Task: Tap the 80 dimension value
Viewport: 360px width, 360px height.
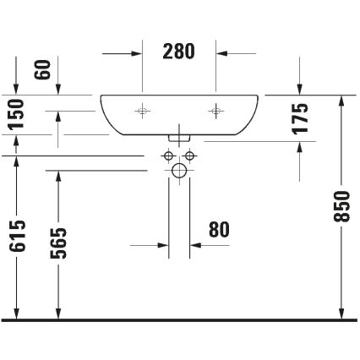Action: tap(219, 230)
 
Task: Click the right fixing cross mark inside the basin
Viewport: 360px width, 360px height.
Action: tap(216, 110)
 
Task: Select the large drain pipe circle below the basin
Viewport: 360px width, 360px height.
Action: tap(179, 171)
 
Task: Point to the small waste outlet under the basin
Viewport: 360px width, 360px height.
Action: tap(179, 135)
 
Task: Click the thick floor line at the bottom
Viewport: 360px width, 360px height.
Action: tap(179, 320)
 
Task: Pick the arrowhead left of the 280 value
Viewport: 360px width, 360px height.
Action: tap(136, 52)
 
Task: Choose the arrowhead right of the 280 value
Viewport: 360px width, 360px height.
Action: tap(222, 52)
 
